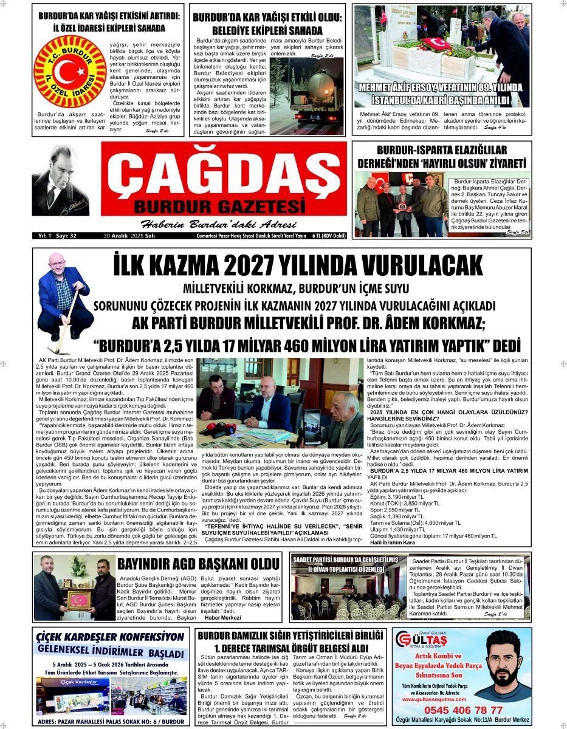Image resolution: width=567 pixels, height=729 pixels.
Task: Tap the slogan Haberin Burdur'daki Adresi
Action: tap(213, 222)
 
